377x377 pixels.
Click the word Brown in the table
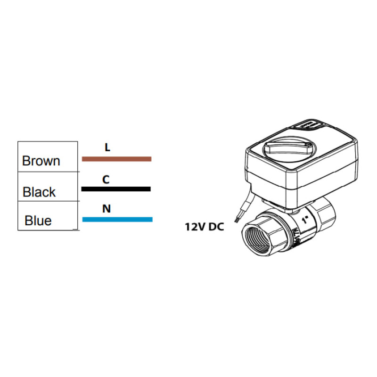click(41, 161)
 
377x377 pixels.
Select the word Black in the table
click(39, 192)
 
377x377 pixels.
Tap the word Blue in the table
click(38, 221)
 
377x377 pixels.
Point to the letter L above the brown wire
click(107, 148)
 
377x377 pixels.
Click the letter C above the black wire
click(106, 180)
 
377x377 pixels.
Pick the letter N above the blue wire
click(107, 209)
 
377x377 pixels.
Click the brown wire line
click(116, 159)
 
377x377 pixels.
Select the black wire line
click(116, 189)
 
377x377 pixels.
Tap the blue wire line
click(117, 219)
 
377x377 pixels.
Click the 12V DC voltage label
click(204, 227)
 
